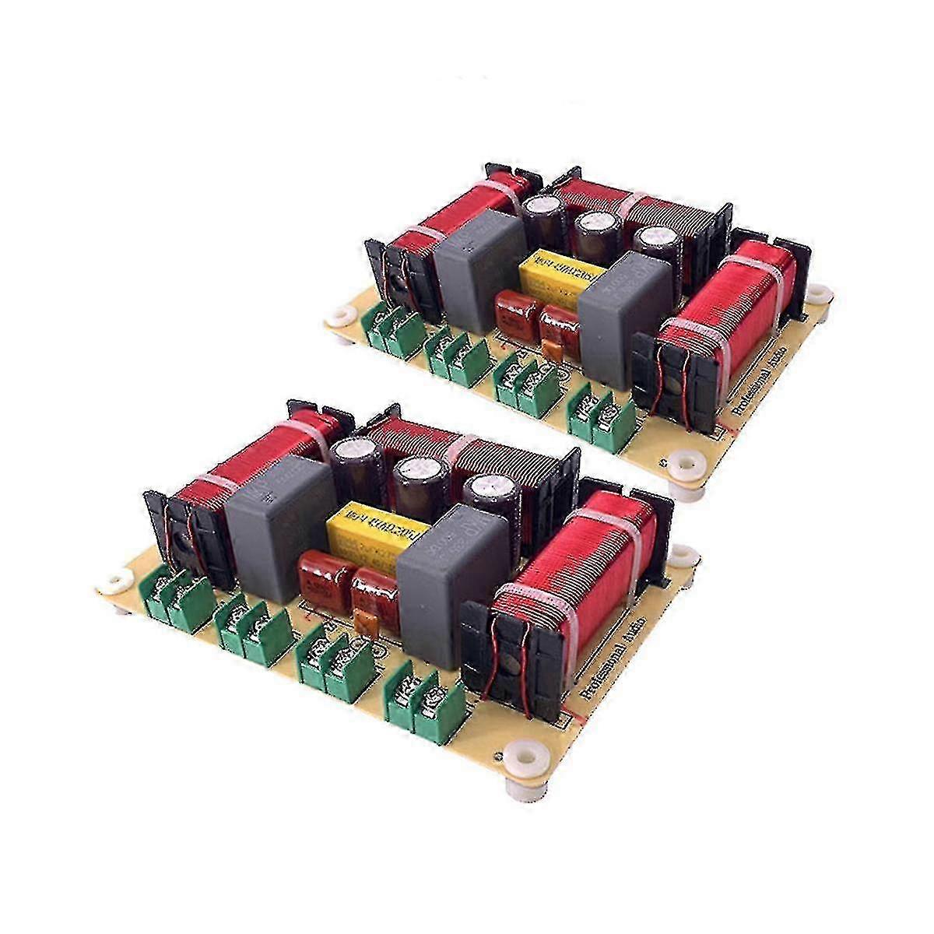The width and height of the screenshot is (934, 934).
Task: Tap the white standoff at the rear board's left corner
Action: tap(340, 315)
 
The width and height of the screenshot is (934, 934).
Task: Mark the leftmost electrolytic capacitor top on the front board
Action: tap(353, 452)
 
